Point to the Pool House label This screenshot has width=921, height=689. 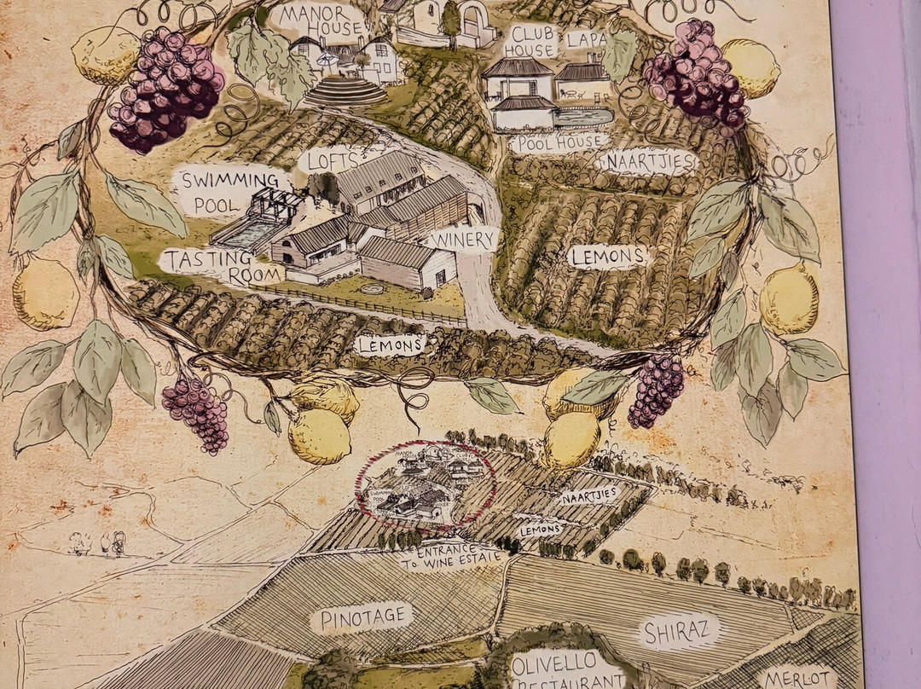pyautogui.click(x=559, y=142)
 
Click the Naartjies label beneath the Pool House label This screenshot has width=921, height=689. pyautogui.click(x=649, y=161)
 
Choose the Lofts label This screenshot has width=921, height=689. pyautogui.click(x=328, y=159)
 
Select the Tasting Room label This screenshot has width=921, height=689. pyautogui.click(x=223, y=265)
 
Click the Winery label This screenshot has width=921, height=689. pyautogui.click(x=463, y=239)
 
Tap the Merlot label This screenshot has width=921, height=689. pyautogui.click(x=797, y=677)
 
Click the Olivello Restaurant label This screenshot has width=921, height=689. pyautogui.click(x=568, y=670)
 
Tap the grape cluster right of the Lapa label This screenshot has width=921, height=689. pyautogui.click(x=696, y=75)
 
